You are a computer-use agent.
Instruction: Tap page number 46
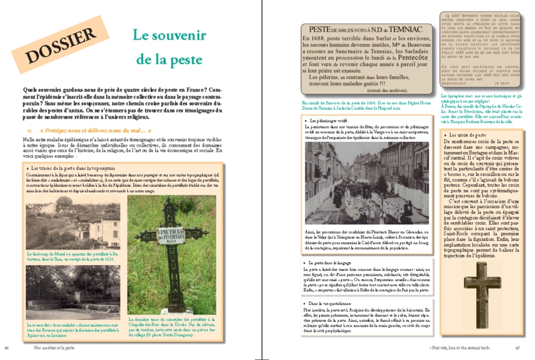(x=6, y=347)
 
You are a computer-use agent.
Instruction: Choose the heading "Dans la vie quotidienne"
(x=328, y=304)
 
